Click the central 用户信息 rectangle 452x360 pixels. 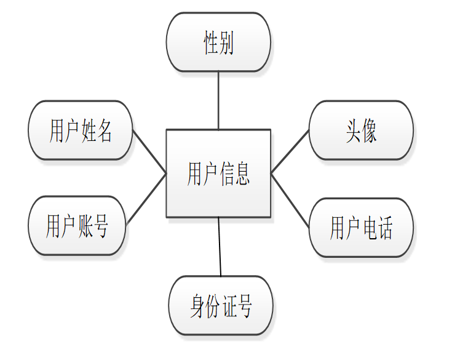pyautogui.click(x=218, y=173)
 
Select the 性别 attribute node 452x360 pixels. pyautogui.click(x=218, y=42)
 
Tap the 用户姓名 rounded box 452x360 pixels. pyautogui.click(x=81, y=130)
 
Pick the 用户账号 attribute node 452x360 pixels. pyautogui.click(x=77, y=226)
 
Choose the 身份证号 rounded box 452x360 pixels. pyautogui.click(x=220, y=306)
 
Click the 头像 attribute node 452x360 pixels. pyautogui.click(x=361, y=130)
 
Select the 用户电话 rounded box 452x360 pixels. pyautogui.click(x=361, y=227)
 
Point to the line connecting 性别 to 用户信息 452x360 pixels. pyautogui.click(x=218, y=100)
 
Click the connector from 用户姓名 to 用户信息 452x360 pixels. pyautogui.click(x=149, y=152)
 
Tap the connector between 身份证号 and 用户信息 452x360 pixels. pyautogui.click(x=220, y=246)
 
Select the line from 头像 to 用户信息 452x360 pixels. pyautogui.click(x=290, y=151)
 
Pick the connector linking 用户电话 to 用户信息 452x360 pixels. pyautogui.click(x=290, y=201)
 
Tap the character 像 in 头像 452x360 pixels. pyautogui.click(x=369, y=131)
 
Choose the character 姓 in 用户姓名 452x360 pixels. pyautogui.click(x=89, y=131)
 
